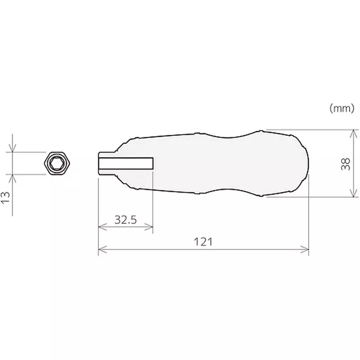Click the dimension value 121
(203, 242)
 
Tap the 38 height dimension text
(346, 164)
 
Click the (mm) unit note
(342, 108)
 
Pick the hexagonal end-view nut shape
(58, 163)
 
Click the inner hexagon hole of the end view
(58, 163)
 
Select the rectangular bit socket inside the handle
(126, 163)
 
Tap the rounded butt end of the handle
(306, 163)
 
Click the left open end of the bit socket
(99, 163)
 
